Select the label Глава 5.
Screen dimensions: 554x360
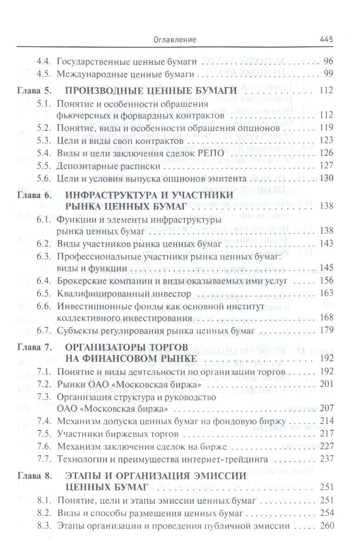tap(35, 91)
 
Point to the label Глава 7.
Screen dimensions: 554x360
tap(35, 347)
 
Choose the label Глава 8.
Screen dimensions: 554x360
tap(35, 476)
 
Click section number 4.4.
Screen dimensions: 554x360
tap(45, 61)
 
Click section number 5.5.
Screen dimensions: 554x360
tap(45, 166)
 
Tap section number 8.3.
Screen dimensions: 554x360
tap(45, 525)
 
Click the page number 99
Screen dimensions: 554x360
tap(328, 74)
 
